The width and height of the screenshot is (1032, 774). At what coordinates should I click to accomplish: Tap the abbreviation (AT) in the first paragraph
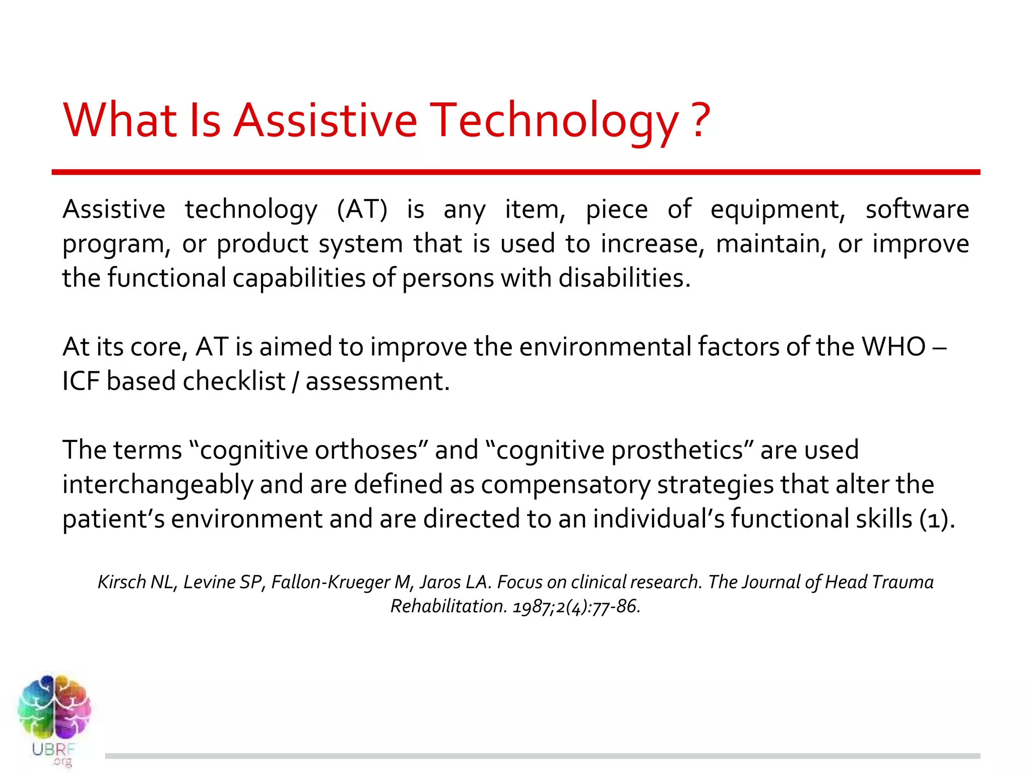coord(362,209)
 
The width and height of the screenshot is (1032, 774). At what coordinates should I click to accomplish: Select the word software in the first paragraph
coord(917,209)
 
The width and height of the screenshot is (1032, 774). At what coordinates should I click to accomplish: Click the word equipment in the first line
coord(778,210)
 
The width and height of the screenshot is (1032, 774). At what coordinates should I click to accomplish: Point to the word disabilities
coord(624,278)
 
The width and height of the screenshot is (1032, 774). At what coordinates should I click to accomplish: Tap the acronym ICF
coord(81,381)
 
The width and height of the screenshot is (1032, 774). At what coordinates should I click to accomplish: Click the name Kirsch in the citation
coord(121,582)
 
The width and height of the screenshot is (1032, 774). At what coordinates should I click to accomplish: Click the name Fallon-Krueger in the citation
coord(331,582)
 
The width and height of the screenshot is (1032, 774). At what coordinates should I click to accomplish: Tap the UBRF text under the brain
coord(53,749)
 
